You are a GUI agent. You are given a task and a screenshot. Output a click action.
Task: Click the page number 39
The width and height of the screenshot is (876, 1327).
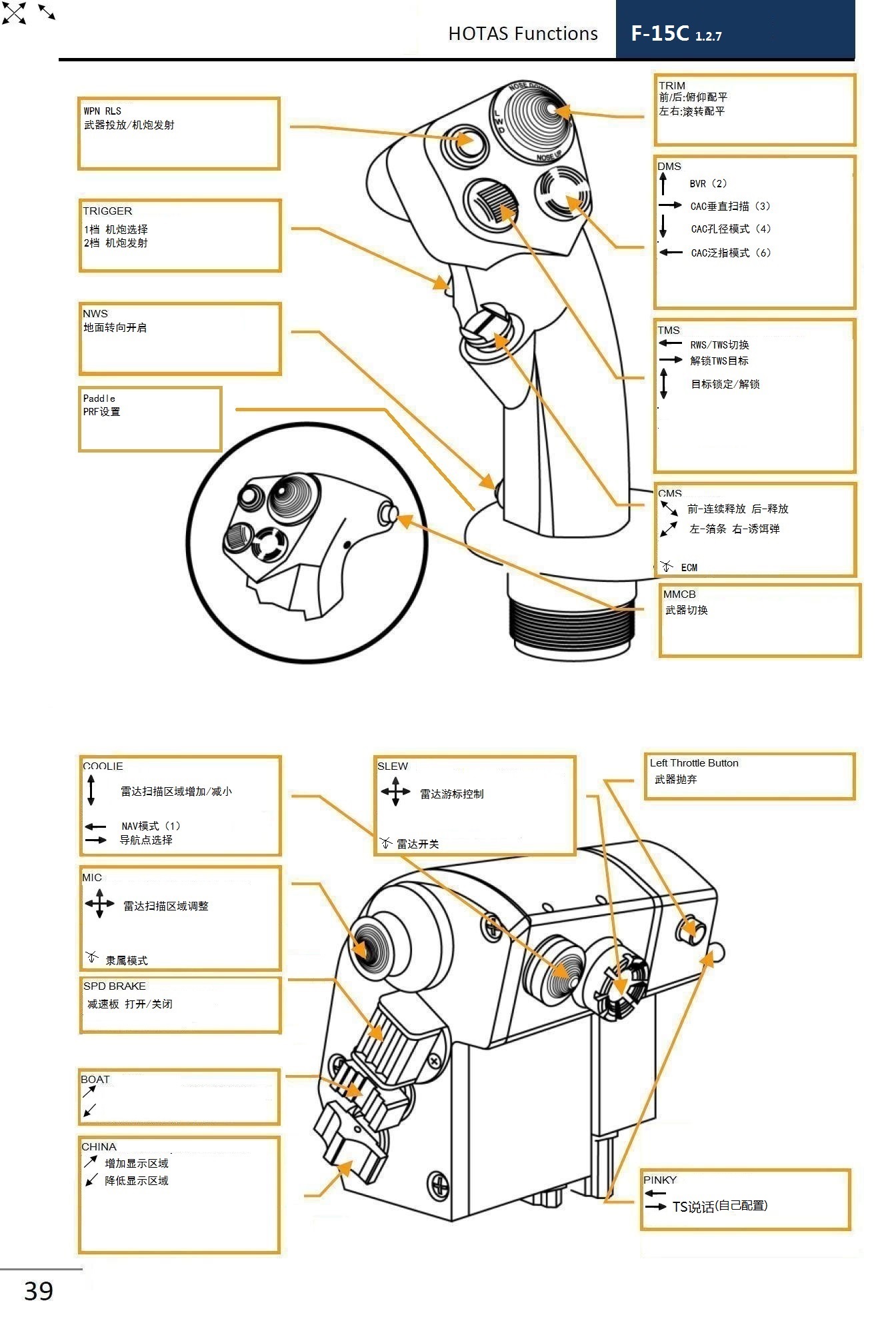[x=38, y=1290]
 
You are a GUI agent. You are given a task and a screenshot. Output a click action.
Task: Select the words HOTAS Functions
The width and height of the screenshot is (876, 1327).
[x=523, y=33]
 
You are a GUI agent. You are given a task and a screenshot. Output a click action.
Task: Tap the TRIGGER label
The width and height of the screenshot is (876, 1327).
[x=107, y=211]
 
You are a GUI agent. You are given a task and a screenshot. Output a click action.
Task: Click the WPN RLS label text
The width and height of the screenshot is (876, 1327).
[x=102, y=111]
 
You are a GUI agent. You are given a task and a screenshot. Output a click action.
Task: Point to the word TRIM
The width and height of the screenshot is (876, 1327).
[x=671, y=85]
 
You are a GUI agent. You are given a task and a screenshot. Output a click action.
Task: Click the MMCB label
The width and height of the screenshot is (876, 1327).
[x=679, y=594]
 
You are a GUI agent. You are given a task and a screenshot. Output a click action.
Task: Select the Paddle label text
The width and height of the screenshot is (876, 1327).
[x=99, y=398]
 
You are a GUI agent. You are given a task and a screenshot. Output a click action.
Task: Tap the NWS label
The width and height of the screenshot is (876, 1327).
[x=95, y=313]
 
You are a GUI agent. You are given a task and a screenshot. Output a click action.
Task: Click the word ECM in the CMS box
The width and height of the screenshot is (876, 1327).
[x=689, y=567]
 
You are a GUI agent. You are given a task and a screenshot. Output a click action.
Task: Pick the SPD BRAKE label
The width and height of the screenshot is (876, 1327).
[x=114, y=986]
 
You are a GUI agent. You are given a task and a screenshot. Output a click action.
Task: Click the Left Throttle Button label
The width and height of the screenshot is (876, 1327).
[x=693, y=762]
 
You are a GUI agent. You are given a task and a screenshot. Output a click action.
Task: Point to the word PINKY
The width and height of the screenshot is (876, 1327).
[x=659, y=1180]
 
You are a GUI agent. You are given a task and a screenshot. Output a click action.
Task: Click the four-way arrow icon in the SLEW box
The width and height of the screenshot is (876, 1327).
[x=395, y=792]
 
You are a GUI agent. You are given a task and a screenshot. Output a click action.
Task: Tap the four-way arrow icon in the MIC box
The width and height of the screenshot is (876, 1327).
[x=99, y=904]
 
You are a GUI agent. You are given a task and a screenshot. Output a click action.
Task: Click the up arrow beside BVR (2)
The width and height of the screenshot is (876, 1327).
[x=663, y=183]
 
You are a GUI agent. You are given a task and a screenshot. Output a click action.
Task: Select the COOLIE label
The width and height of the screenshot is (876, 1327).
[x=103, y=766]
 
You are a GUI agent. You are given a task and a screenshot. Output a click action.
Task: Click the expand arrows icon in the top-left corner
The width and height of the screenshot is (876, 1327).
[x=14, y=13]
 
